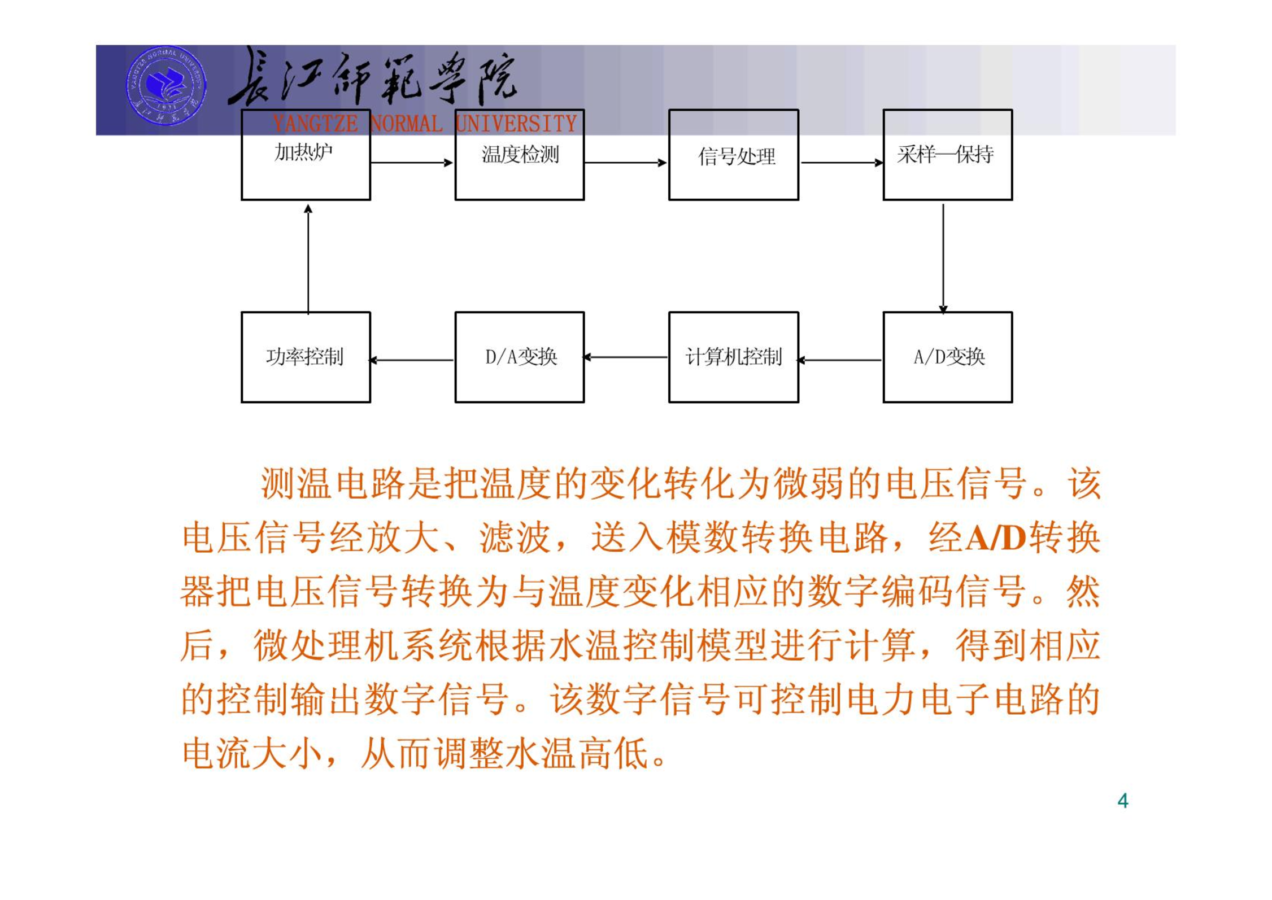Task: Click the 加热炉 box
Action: [x=306, y=155]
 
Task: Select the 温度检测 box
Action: [x=520, y=155]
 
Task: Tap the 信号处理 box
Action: [x=734, y=155]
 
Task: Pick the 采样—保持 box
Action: [x=948, y=155]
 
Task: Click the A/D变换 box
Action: [x=948, y=357]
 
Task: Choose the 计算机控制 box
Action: [x=734, y=357]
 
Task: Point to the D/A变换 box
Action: [x=520, y=357]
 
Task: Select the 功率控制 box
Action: [x=306, y=357]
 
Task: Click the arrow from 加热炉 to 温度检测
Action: [x=412, y=163]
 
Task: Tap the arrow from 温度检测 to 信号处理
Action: [x=626, y=163]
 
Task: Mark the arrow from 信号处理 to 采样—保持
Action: [x=842, y=163]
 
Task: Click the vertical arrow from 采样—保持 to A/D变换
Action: [x=943, y=259]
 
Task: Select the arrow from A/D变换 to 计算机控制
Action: [x=839, y=360]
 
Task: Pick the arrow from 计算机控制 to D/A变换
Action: [x=625, y=357]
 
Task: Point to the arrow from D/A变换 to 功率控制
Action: [x=411, y=360]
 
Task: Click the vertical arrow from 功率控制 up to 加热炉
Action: [x=308, y=259]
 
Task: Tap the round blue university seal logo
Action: [x=166, y=86]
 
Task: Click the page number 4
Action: [x=1123, y=801]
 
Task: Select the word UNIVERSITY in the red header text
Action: [x=516, y=124]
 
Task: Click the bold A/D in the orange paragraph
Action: [x=996, y=538]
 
